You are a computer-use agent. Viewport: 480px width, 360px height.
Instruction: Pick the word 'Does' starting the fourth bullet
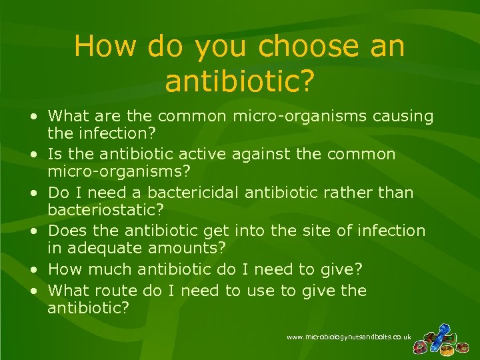pyautogui.click(x=66, y=231)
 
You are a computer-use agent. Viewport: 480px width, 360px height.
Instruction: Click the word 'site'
pyautogui.click(x=323, y=231)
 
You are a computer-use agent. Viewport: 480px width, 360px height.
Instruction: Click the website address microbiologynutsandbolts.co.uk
pyautogui.click(x=349, y=337)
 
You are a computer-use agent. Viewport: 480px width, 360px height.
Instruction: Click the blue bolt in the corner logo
pyautogui.click(x=441, y=331)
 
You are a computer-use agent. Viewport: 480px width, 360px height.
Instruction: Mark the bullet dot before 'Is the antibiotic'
pyautogui.click(x=33, y=155)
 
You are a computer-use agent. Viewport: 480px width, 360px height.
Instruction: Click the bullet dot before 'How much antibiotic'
pyautogui.click(x=33, y=269)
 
